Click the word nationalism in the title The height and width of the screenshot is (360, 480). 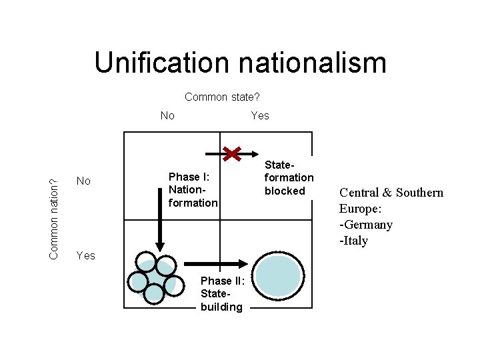[317, 63]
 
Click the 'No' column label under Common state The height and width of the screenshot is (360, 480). [167, 116]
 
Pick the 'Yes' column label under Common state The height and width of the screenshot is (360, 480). [260, 116]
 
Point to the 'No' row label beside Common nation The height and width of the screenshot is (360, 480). [84, 181]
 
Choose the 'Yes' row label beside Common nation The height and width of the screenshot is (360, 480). [86, 255]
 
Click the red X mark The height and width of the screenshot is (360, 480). [232, 155]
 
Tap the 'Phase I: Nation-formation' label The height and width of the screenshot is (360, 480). [193, 189]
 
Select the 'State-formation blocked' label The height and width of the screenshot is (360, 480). [289, 177]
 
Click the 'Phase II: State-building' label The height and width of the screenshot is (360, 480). [222, 293]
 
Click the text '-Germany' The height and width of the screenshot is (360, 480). [366, 225]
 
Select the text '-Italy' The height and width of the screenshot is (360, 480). [354, 241]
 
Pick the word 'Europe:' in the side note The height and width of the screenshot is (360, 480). [361, 209]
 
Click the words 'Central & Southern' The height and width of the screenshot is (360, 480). [391, 193]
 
